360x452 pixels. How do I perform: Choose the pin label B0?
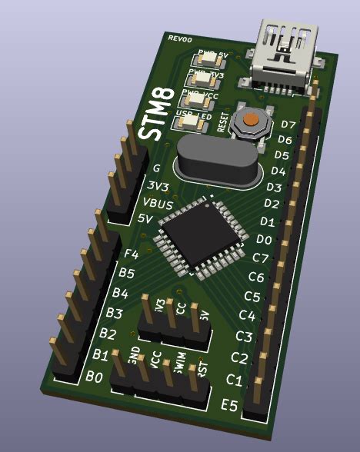click(x=95, y=377)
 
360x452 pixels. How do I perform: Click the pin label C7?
click(x=261, y=258)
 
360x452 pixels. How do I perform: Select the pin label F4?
click(x=131, y=254)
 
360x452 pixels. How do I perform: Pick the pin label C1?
click(x=235, y=381)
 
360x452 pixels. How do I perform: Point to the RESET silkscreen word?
click(x=224, y=123)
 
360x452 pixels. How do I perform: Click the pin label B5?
click(x=126, y=273)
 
